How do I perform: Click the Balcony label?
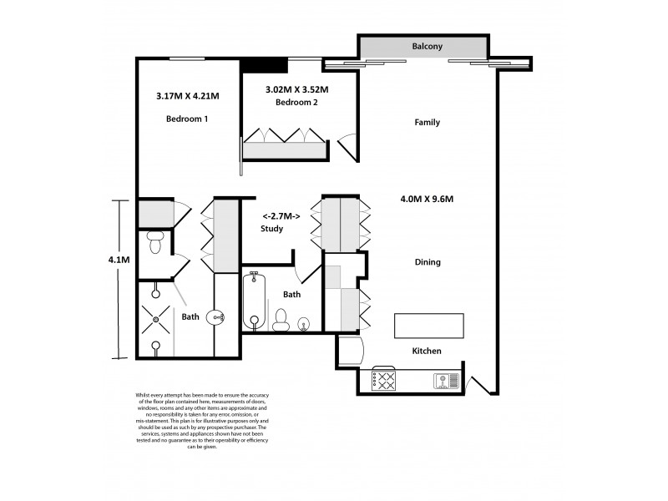pyautogui.click(x=426, y=47)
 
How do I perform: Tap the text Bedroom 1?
pyautogui.click(x=186, y=119)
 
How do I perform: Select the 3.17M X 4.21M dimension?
pyautogui.click(x=187, y=96)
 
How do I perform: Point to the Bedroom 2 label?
pyautogui.click(x=296, y=103)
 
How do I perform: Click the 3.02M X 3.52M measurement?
pyautogui.click(x=296, y=89)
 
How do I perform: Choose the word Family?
pyautogui.click(x=427, y=123)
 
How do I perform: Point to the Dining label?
pyautogui.click(x=428, y=262)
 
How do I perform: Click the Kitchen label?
pyautogui.click(x=426, y=351)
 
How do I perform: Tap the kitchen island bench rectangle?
pyautogui.click(x=429, y=325)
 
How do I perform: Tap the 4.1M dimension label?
pyautogui.click(x=119, y=260)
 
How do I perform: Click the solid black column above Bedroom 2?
pyautogui.click(x=265, y=65)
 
